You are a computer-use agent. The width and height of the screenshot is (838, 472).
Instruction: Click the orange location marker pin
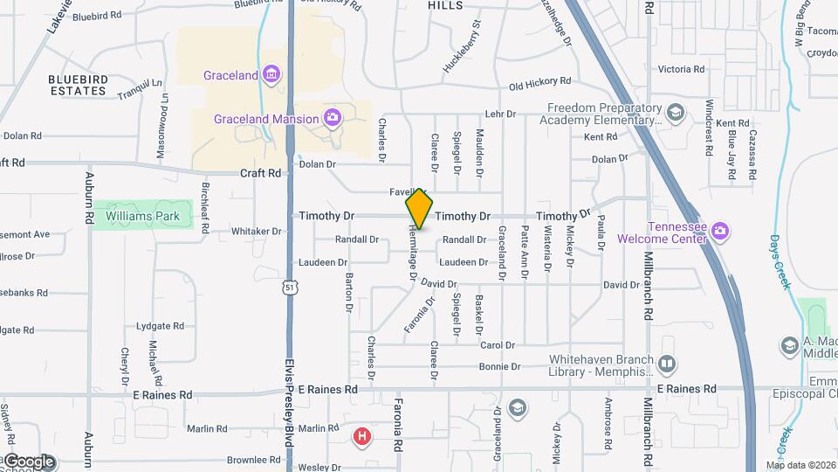point(419,209)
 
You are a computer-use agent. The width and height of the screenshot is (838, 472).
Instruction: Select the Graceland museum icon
point(272,75)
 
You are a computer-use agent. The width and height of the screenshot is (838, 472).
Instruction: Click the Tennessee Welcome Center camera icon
point(720,231)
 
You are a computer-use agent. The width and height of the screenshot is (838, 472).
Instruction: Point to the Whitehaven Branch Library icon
point(667,363)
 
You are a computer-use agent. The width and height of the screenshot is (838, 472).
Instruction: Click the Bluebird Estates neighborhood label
point(79,85)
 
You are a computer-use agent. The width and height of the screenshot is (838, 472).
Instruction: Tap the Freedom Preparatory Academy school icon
point(675,113)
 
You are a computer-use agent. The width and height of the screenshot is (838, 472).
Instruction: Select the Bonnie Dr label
point(500,367)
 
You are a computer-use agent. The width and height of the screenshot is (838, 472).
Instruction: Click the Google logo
point(28,461)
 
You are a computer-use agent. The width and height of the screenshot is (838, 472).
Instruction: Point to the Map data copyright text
point(800,465)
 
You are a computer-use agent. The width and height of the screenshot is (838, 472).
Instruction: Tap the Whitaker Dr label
point(256,232)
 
